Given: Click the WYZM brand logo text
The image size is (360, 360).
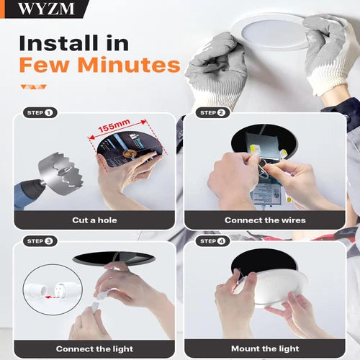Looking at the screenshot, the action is click(46, 9).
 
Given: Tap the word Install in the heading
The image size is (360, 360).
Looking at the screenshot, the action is click(58, 43).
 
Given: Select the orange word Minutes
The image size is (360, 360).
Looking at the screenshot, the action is click(129, 65).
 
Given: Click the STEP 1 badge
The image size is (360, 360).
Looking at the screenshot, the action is click(40, 112).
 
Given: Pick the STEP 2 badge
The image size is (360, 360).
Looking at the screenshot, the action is click(213, 112).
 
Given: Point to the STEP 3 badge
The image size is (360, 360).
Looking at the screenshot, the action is click(40, 241).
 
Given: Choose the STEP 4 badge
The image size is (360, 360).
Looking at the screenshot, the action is click(213, 241).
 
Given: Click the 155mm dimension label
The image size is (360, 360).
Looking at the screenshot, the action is click(114, 125).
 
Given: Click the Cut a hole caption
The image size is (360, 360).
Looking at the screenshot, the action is click(94, 220).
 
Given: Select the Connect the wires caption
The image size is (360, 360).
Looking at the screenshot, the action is click(265, 220).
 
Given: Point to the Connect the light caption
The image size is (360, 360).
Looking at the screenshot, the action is click(94, 348).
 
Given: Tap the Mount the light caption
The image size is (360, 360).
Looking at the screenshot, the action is click(265, 348).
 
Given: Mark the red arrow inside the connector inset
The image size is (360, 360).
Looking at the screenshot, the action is click(52, 297).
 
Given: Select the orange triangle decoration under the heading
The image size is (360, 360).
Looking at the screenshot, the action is click(33, 86).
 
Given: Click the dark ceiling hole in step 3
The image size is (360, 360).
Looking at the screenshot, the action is click(114, 258).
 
